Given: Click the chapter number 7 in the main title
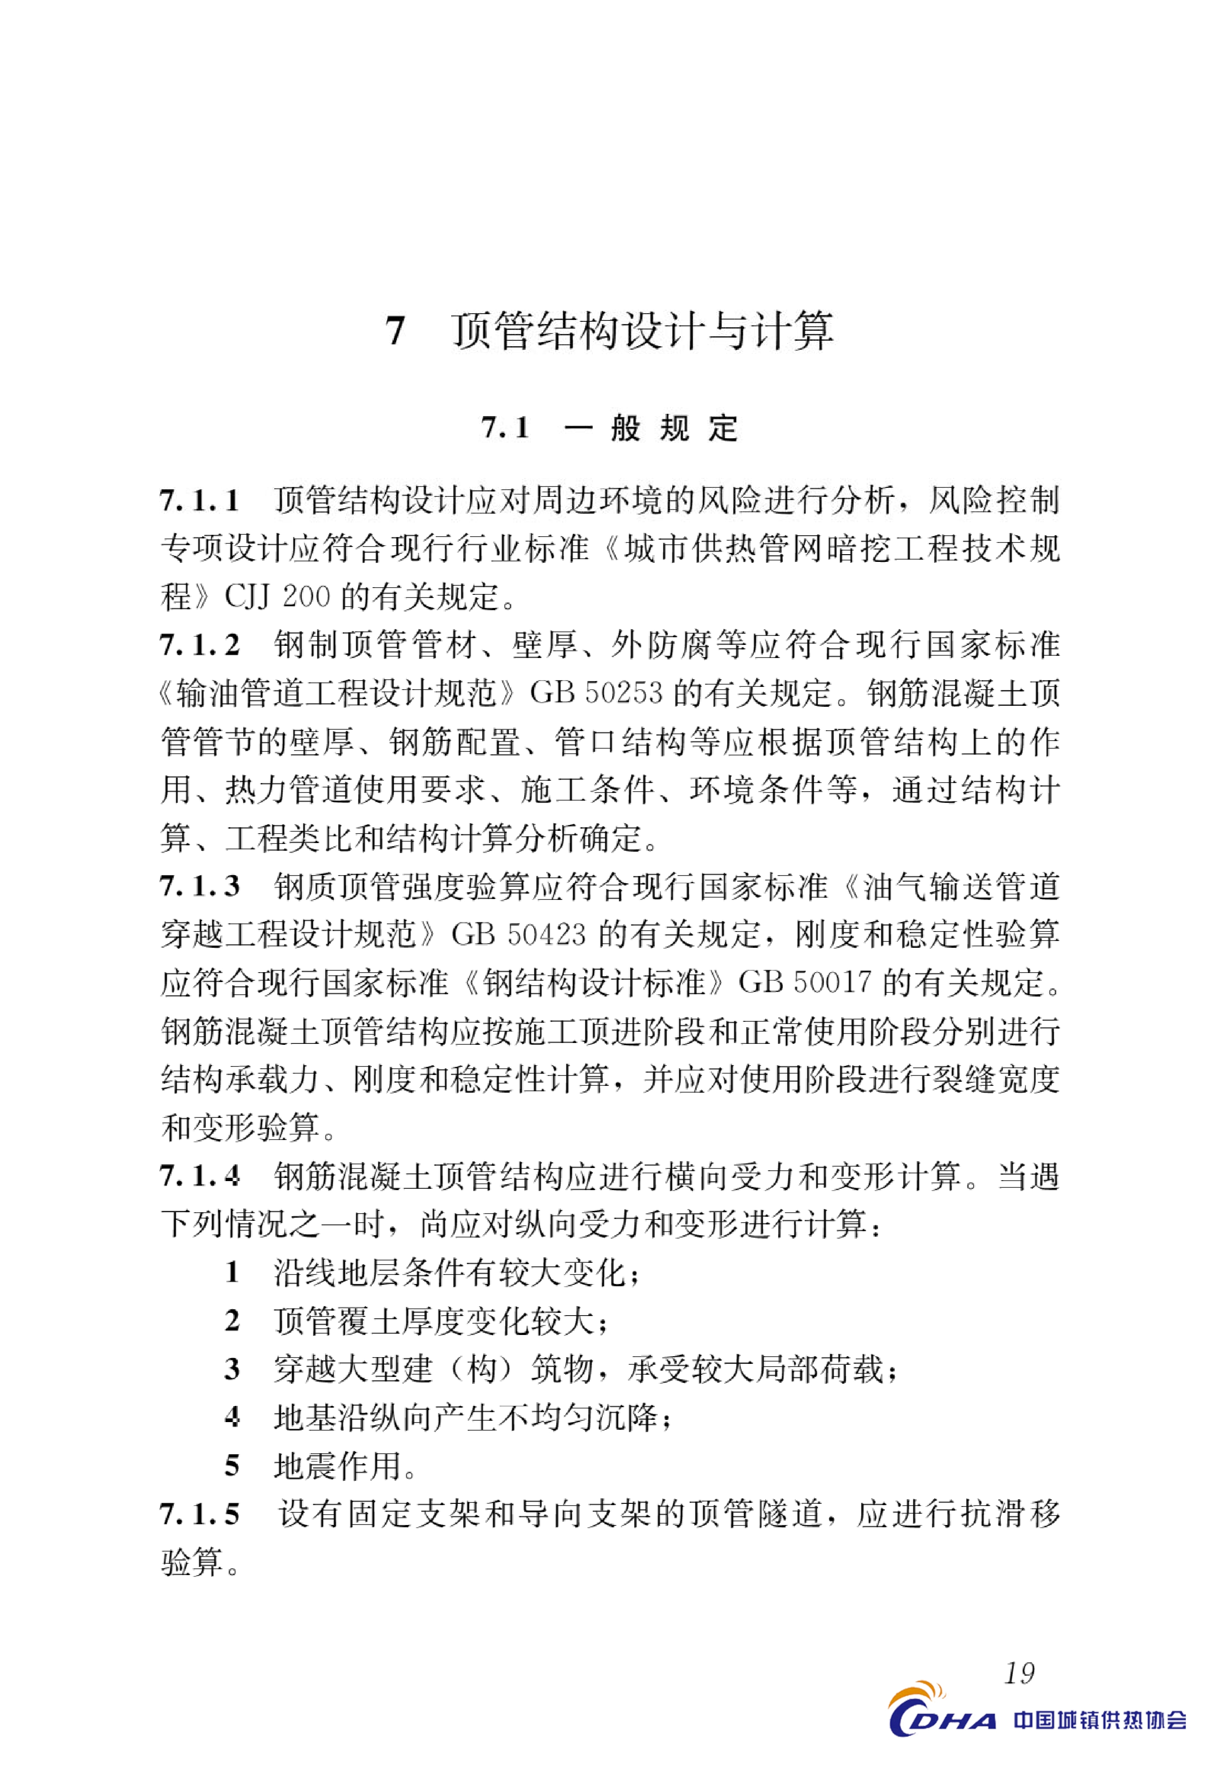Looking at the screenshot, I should [395, 331].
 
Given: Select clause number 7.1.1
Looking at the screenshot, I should [199, 501].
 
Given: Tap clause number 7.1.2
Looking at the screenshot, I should [199, 645].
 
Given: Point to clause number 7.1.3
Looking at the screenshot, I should [199, 886].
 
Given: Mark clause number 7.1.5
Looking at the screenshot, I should [199, 1513].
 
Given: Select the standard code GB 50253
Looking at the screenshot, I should [596, 693].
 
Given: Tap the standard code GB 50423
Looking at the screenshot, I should [519, 934].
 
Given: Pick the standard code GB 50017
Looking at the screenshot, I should [803, 983].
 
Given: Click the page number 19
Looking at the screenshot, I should [1019, 1673].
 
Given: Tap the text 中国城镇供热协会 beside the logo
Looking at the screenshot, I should [1100, 1720].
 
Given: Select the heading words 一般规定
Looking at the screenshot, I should [651, 428].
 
